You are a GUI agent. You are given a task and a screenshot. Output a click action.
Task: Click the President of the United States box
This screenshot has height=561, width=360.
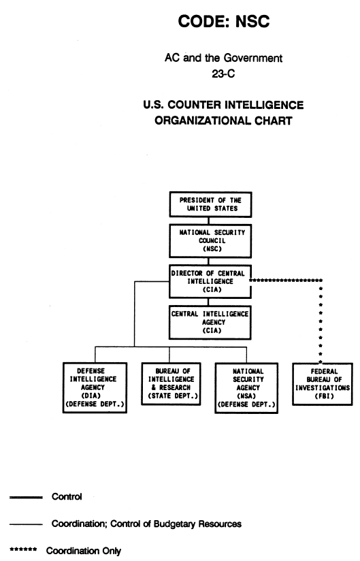210,204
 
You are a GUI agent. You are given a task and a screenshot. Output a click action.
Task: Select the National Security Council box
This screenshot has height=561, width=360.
210,241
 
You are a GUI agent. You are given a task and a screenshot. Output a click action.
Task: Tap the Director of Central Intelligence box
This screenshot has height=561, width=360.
210,281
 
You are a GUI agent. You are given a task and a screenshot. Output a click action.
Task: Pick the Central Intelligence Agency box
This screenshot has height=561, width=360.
210,322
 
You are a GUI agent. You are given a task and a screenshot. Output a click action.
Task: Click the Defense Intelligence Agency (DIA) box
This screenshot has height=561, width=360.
95,387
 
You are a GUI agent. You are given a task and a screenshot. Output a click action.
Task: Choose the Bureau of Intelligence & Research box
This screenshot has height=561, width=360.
171,383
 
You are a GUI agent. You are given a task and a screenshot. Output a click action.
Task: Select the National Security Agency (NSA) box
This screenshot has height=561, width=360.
246,388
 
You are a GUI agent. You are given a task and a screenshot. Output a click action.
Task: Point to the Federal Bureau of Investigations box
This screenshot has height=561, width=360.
323,384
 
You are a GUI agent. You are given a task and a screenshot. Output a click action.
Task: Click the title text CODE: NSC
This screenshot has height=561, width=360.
224,22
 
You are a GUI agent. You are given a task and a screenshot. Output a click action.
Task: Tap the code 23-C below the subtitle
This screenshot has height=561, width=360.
223,74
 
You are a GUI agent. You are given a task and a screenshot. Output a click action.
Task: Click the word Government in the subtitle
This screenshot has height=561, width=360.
253,58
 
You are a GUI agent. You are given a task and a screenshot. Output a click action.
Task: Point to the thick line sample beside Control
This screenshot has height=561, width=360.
26,497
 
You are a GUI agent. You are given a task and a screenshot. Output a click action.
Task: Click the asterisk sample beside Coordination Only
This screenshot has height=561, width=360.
23,549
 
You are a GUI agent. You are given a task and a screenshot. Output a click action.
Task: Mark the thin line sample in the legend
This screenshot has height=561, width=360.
26,524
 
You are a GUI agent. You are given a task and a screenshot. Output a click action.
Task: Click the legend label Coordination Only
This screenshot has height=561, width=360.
84,551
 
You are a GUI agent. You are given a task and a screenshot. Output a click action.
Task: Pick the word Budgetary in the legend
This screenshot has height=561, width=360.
174,524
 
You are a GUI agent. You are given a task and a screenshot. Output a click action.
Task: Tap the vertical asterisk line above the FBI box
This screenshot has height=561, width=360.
321,321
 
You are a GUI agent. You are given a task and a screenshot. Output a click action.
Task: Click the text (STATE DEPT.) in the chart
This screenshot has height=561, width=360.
173,396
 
